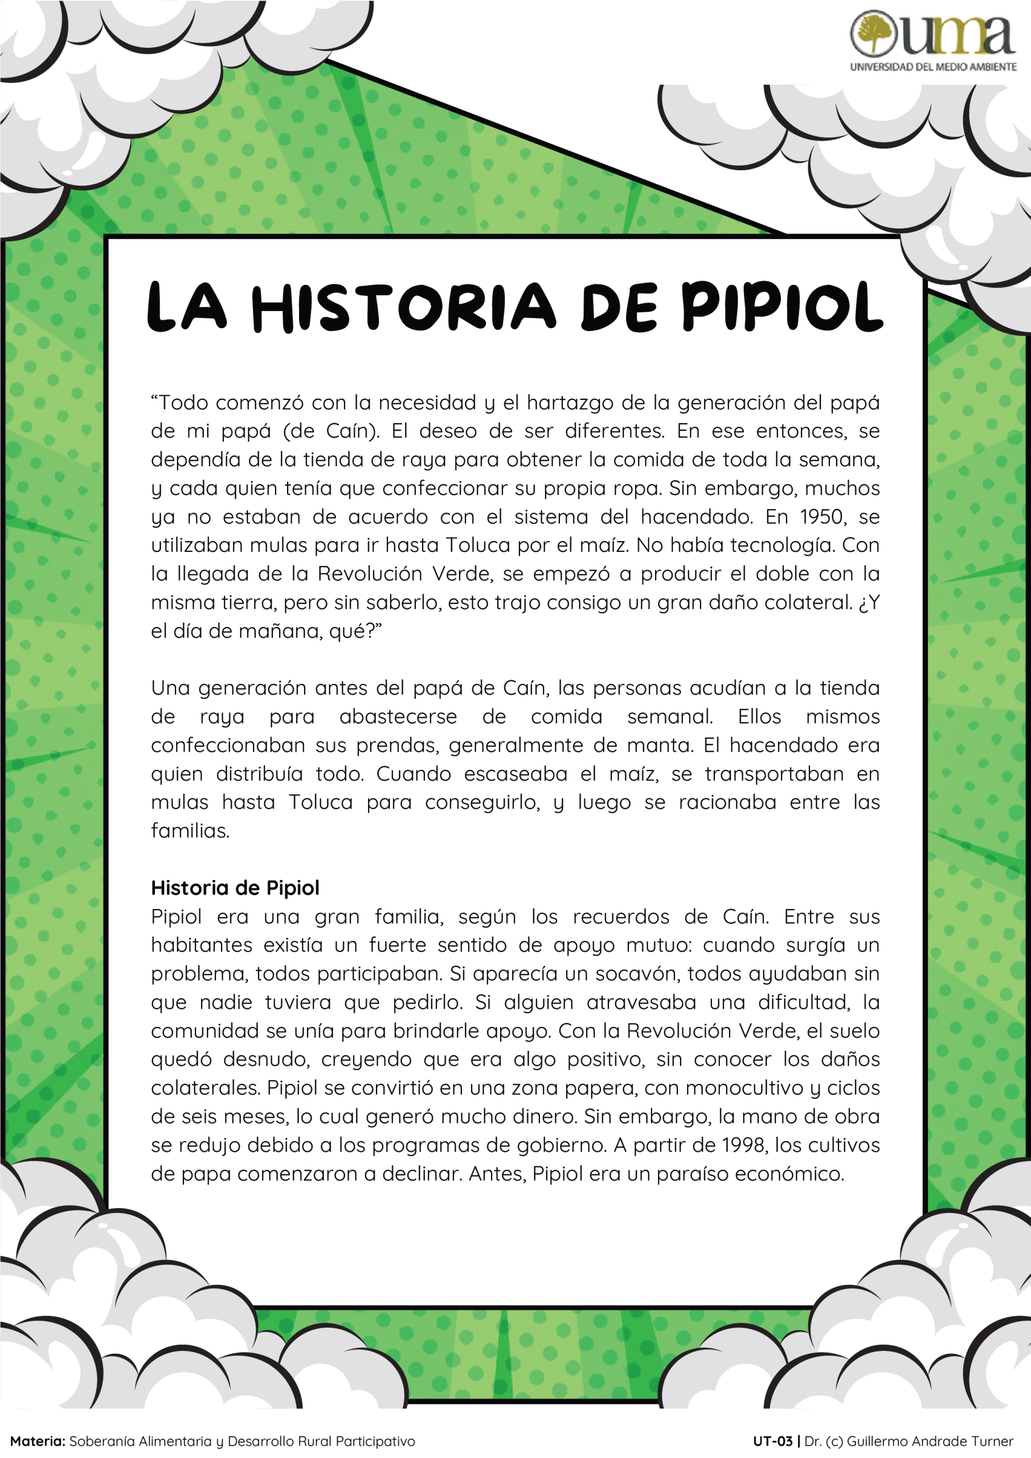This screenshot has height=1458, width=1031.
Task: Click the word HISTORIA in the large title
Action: pyautogui.click(x=404, y=308)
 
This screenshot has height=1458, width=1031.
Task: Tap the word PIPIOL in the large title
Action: pyautogui.click(x=783, y=308)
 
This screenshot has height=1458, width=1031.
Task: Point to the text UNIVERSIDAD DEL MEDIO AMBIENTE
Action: pyautogui.click(x=933, y=67)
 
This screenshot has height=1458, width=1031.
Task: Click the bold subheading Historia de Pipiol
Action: pyautogui.click(x=235, y=888)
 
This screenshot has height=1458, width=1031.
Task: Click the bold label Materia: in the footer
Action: pyautogui.click(x=38, y=1441)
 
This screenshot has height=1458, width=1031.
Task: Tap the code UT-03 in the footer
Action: pyautogui.click(x=772, y=1441)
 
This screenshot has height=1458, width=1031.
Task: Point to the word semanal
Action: pyautogui.click(x=669, y=716)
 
